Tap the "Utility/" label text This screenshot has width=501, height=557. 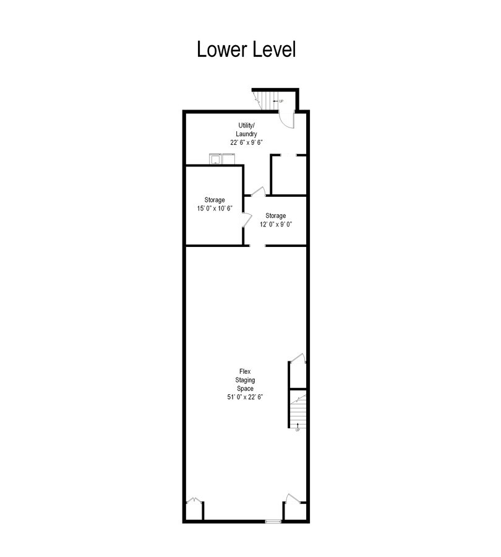point(246,126)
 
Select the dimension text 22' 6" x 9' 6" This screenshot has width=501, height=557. point(246,142)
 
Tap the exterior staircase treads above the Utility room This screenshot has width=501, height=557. point(265,99)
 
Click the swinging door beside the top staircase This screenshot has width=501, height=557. point(286,118)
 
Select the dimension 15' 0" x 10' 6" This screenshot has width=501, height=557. point(215,209)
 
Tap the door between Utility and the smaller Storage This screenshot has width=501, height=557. point(259,191)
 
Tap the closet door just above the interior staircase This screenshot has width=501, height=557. point(297,358)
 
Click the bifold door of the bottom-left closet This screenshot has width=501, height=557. point(194,500)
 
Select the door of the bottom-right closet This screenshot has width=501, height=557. point(292,499)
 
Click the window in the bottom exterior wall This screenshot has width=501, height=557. point(273,522)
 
